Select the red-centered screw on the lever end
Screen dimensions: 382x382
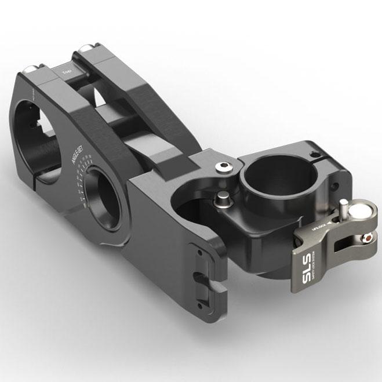pyautogui.click(x=365, y=237)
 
